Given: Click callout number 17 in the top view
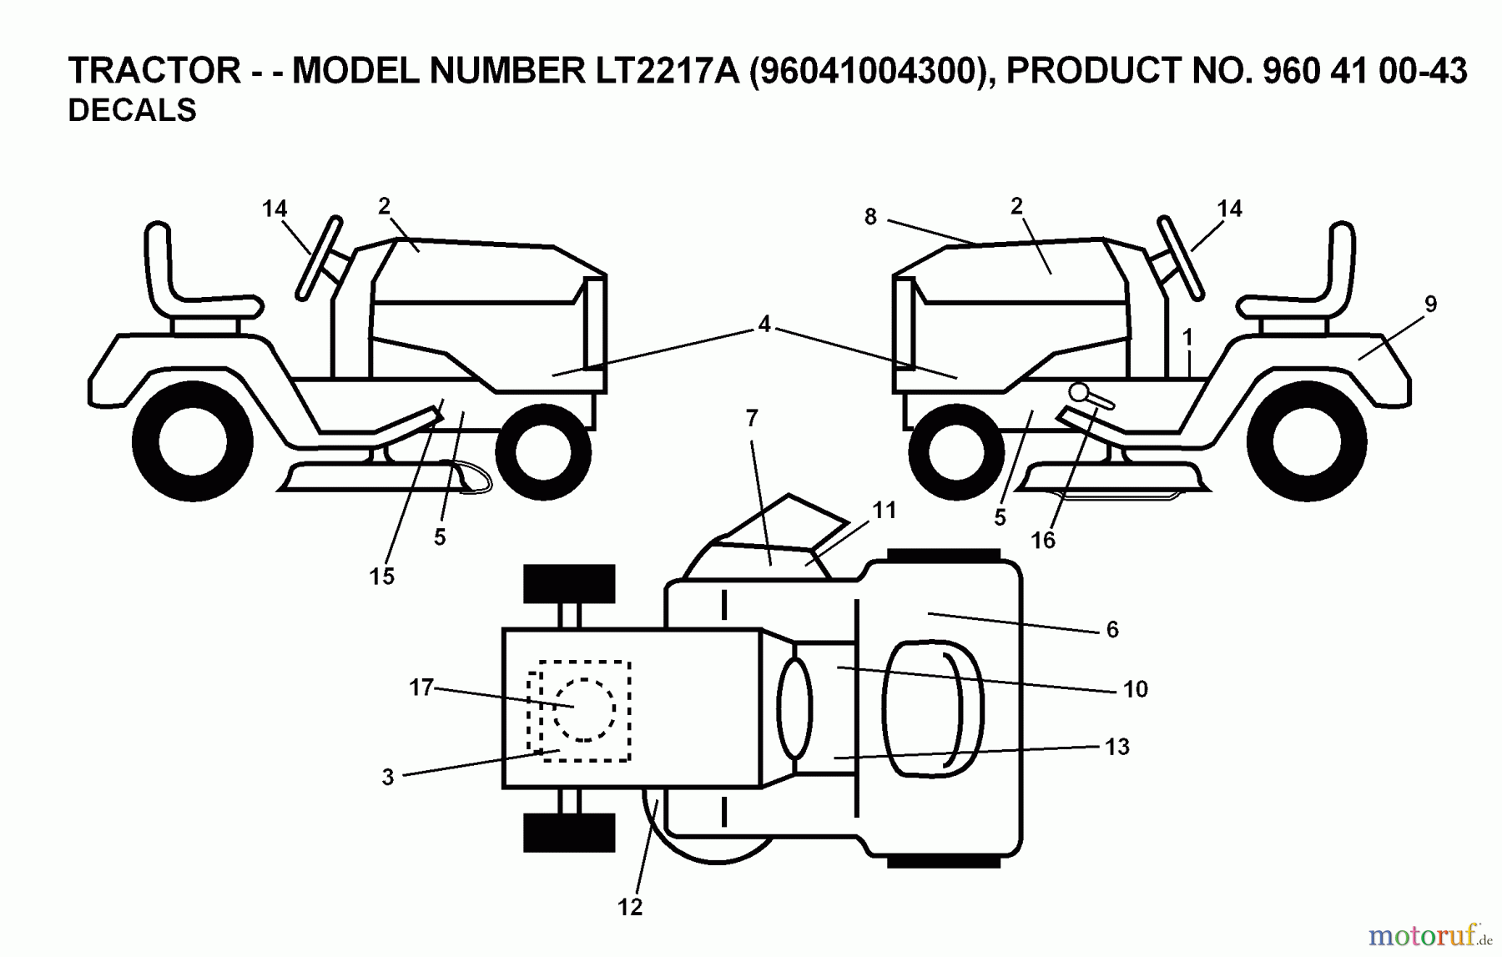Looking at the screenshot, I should pos(421,688).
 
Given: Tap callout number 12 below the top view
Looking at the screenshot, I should pos(630,908).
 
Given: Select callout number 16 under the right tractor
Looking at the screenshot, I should pos(1043,541).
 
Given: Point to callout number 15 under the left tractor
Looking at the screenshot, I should pos(381,577).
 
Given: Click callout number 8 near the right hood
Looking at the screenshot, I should pos(870,217).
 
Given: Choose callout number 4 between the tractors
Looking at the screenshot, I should pos(764,325).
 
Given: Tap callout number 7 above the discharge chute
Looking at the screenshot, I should pos(752,419).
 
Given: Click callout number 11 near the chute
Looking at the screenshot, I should pos(884,510).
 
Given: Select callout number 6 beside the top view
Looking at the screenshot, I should pos(1111,630).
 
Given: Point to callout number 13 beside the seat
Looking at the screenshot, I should pos(1116,747).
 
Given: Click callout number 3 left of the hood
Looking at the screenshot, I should pos(388,778).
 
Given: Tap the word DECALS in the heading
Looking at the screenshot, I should pos(132,111).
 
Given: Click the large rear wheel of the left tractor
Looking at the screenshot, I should pos(193,441).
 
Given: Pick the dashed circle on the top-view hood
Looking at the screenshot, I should pos(584,709).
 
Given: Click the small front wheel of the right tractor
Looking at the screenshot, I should pos(956,452).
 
